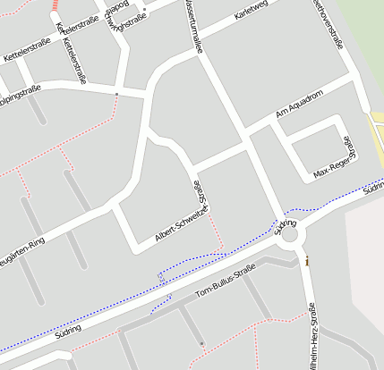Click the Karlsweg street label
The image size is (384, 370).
click(x=251, y=19)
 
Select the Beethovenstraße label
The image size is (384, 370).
click(x=329, y=21)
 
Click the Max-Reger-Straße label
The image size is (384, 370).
click(x=336, y=157)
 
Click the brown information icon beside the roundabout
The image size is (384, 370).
click(x=307, y=262)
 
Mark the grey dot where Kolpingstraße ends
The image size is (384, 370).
click(x=116, y=92)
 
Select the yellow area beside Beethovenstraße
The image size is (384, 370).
click(x=377, y=130)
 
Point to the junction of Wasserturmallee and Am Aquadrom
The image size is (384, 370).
click(x=244, y=140)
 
